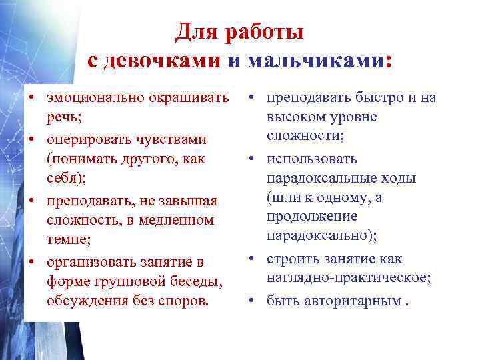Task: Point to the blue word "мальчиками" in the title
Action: click(x=316, y=61)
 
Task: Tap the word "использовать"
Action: click(x=312, y=159)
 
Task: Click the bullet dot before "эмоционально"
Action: click(x=31, y=99)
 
